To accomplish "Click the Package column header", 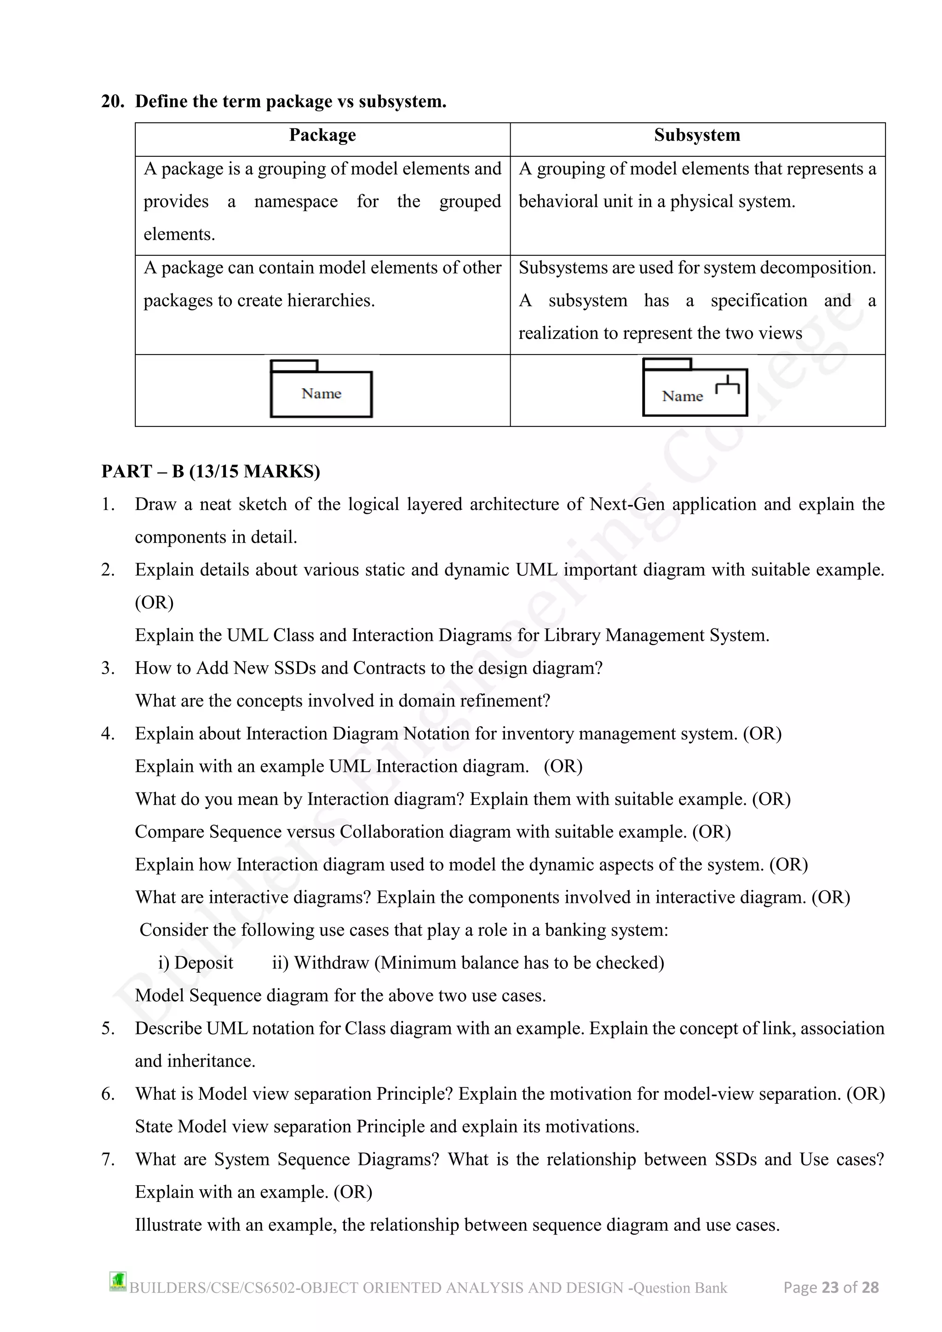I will click(322, 135).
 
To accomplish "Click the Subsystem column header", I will click(697, 135).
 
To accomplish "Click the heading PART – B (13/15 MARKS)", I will click(211, 471).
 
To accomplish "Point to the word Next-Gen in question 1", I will click(627, 504).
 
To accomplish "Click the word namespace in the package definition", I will click(296, 201).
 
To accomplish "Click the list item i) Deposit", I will click(195, 963).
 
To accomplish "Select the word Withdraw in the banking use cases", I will click(331, 963).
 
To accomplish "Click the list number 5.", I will click(108, 1028).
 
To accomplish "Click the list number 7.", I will click(108, 1159).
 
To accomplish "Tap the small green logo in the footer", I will click(118, 1281).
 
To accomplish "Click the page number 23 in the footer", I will click(830, 1287).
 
